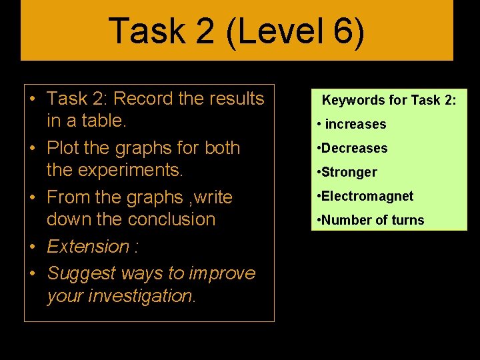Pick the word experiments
(130, 170)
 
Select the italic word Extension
(89, 247)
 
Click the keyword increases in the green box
(355, 125)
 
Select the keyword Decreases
(354, 148)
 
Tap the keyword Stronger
(349, 172)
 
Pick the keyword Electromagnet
(367, 196)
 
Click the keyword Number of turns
(373, 220)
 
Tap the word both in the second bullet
(222, 148)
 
